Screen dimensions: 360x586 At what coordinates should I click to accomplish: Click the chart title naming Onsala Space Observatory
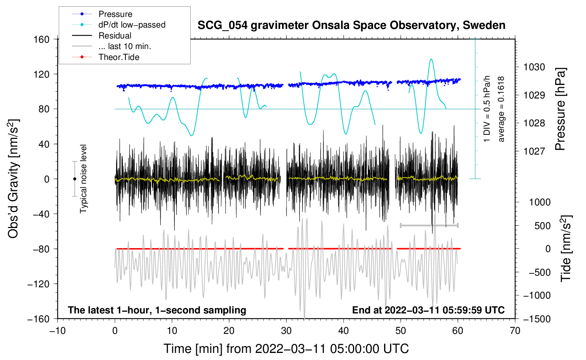pyautogui.click(x=351, y=25)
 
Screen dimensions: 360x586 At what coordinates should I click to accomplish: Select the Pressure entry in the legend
pyautogui.click(x=115, y=14)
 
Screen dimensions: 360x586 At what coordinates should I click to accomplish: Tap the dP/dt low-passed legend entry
pyautogui.click(x=132, y=25)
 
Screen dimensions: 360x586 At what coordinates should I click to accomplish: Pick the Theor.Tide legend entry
pyautogui.click(x=119, y=57)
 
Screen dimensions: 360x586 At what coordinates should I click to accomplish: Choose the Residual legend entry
pyautogui.click(x=115, y=36)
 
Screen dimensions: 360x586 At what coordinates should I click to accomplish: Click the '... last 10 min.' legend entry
pyautogui.click(x=125, y=46)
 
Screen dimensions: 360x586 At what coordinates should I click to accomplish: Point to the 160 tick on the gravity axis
pyautogui.click(x=41, y=39)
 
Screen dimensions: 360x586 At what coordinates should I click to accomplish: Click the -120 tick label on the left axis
pyautogui.click(x=38, y=284)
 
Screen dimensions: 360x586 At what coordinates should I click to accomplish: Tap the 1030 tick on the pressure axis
pyautogui.click(x=534, y=67)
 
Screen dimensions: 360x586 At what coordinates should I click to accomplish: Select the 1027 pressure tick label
pyautogui.click(x=534, y=151)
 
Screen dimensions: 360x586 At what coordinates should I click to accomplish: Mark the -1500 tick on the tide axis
pyautogui.click(x=537, y=319)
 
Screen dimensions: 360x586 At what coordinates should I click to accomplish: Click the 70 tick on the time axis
pyautogui.click(x=515, y=331)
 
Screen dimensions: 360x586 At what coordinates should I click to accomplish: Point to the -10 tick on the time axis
pyautogui.click(x=58, y=331)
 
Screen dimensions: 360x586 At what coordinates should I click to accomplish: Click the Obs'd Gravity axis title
pyautogui.click(x=13, y=179)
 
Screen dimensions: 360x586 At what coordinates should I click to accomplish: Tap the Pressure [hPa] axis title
pyautogui.click(x=560, y=109)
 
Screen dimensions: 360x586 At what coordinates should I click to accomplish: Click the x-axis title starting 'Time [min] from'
pyautogui.click(x=286, y=349)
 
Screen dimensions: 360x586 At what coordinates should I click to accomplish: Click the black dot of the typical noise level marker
pyautogui.click(x=74, y=179)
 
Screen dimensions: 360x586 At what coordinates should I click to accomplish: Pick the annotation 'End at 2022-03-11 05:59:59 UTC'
pyautogui.click(x=428, y=310)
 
